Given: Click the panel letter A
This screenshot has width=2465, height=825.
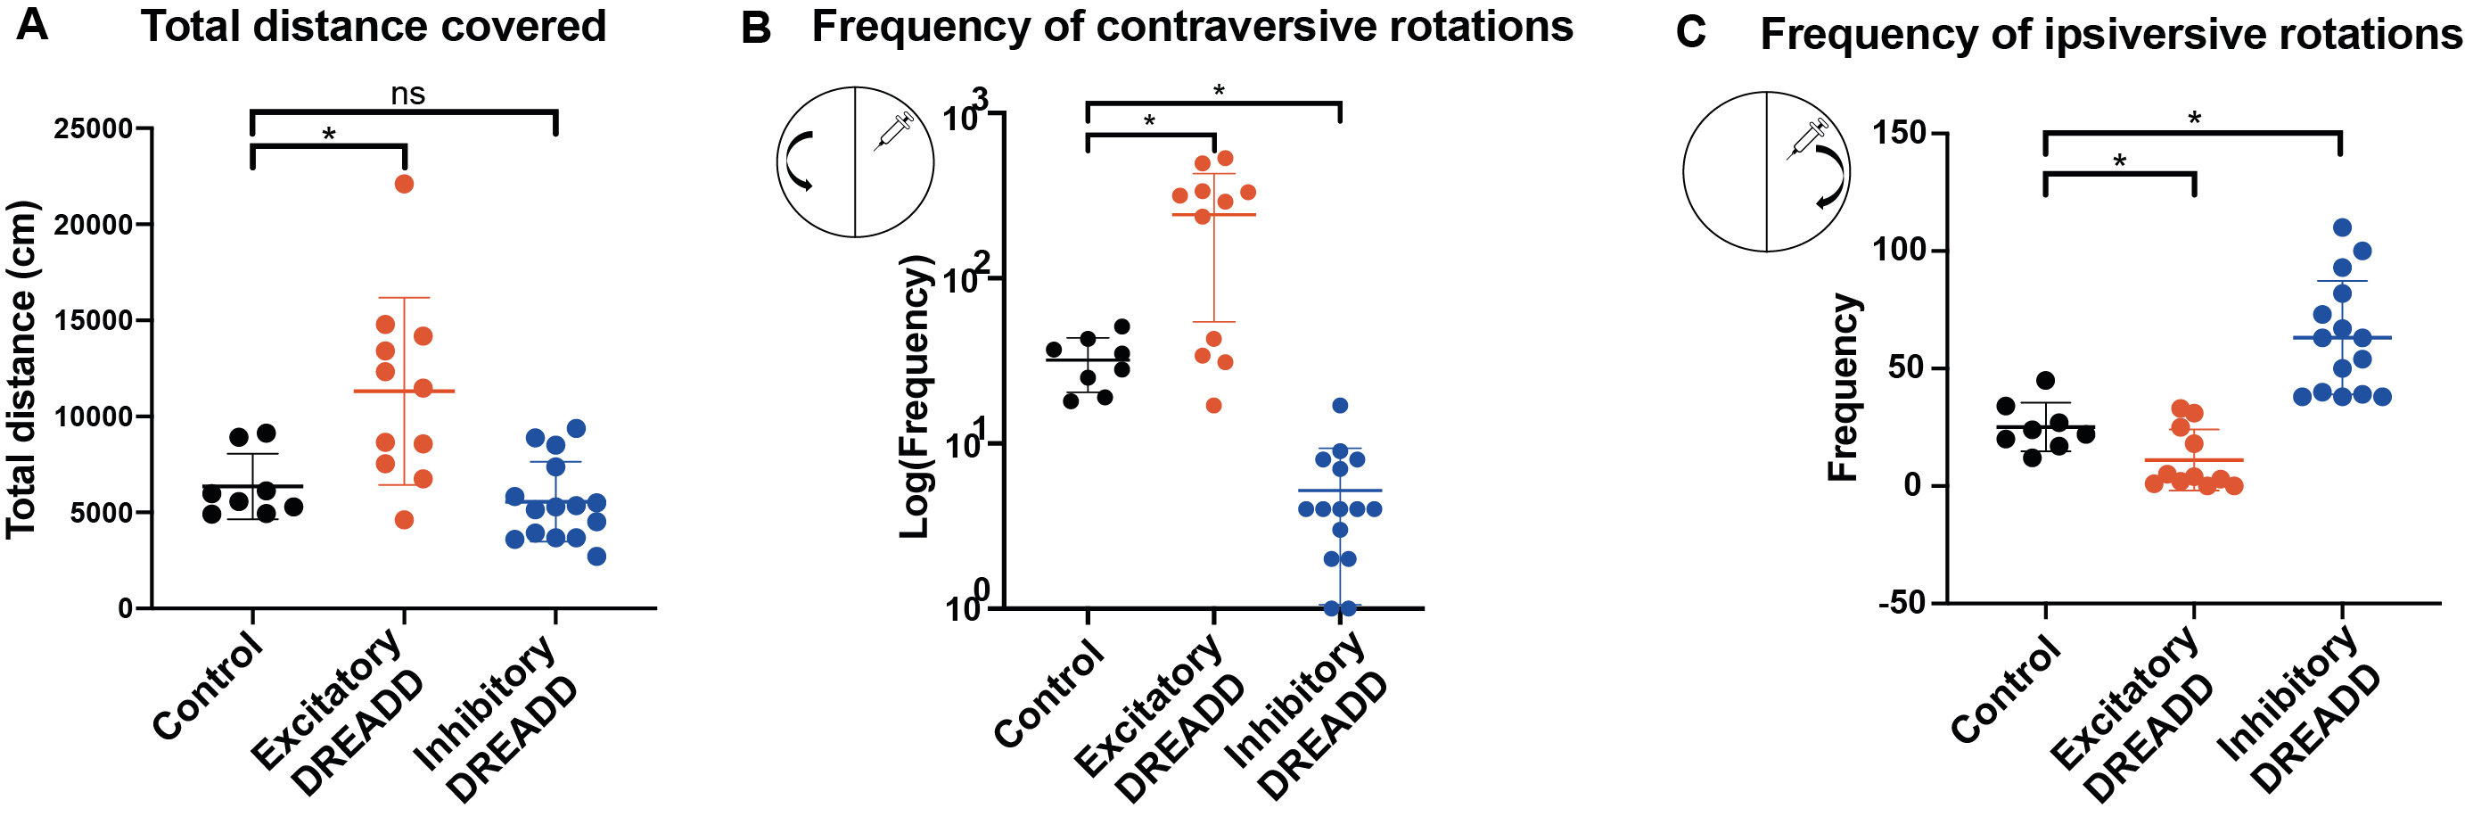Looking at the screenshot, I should point(32,25).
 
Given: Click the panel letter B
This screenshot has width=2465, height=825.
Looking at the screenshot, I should point(756,29).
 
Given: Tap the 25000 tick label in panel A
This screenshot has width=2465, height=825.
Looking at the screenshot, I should point(93,128).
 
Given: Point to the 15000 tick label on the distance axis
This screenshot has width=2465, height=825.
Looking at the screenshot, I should point(93,320).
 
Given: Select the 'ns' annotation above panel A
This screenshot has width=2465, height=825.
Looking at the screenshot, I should point(407,94).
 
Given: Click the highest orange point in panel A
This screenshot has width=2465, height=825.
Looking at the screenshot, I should point(404,184).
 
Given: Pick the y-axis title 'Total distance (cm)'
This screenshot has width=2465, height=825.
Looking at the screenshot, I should point(21,369).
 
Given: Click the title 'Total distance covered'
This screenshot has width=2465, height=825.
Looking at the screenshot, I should point(374,26).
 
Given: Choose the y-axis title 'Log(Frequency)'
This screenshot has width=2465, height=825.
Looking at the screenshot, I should point(916,396).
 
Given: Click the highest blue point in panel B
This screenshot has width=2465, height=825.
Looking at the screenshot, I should point(1340,406).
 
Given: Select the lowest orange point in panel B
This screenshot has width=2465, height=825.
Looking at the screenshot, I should point(1213,406).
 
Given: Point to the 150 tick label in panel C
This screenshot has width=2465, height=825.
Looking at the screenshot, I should point(1900,133).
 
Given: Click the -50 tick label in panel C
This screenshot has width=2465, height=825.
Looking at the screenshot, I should point(1897,603).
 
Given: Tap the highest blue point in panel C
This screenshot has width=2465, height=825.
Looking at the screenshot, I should point(2342,227).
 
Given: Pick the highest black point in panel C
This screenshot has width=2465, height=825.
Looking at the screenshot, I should point(2045,381).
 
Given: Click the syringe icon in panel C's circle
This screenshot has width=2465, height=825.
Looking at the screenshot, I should point(1808,139).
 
